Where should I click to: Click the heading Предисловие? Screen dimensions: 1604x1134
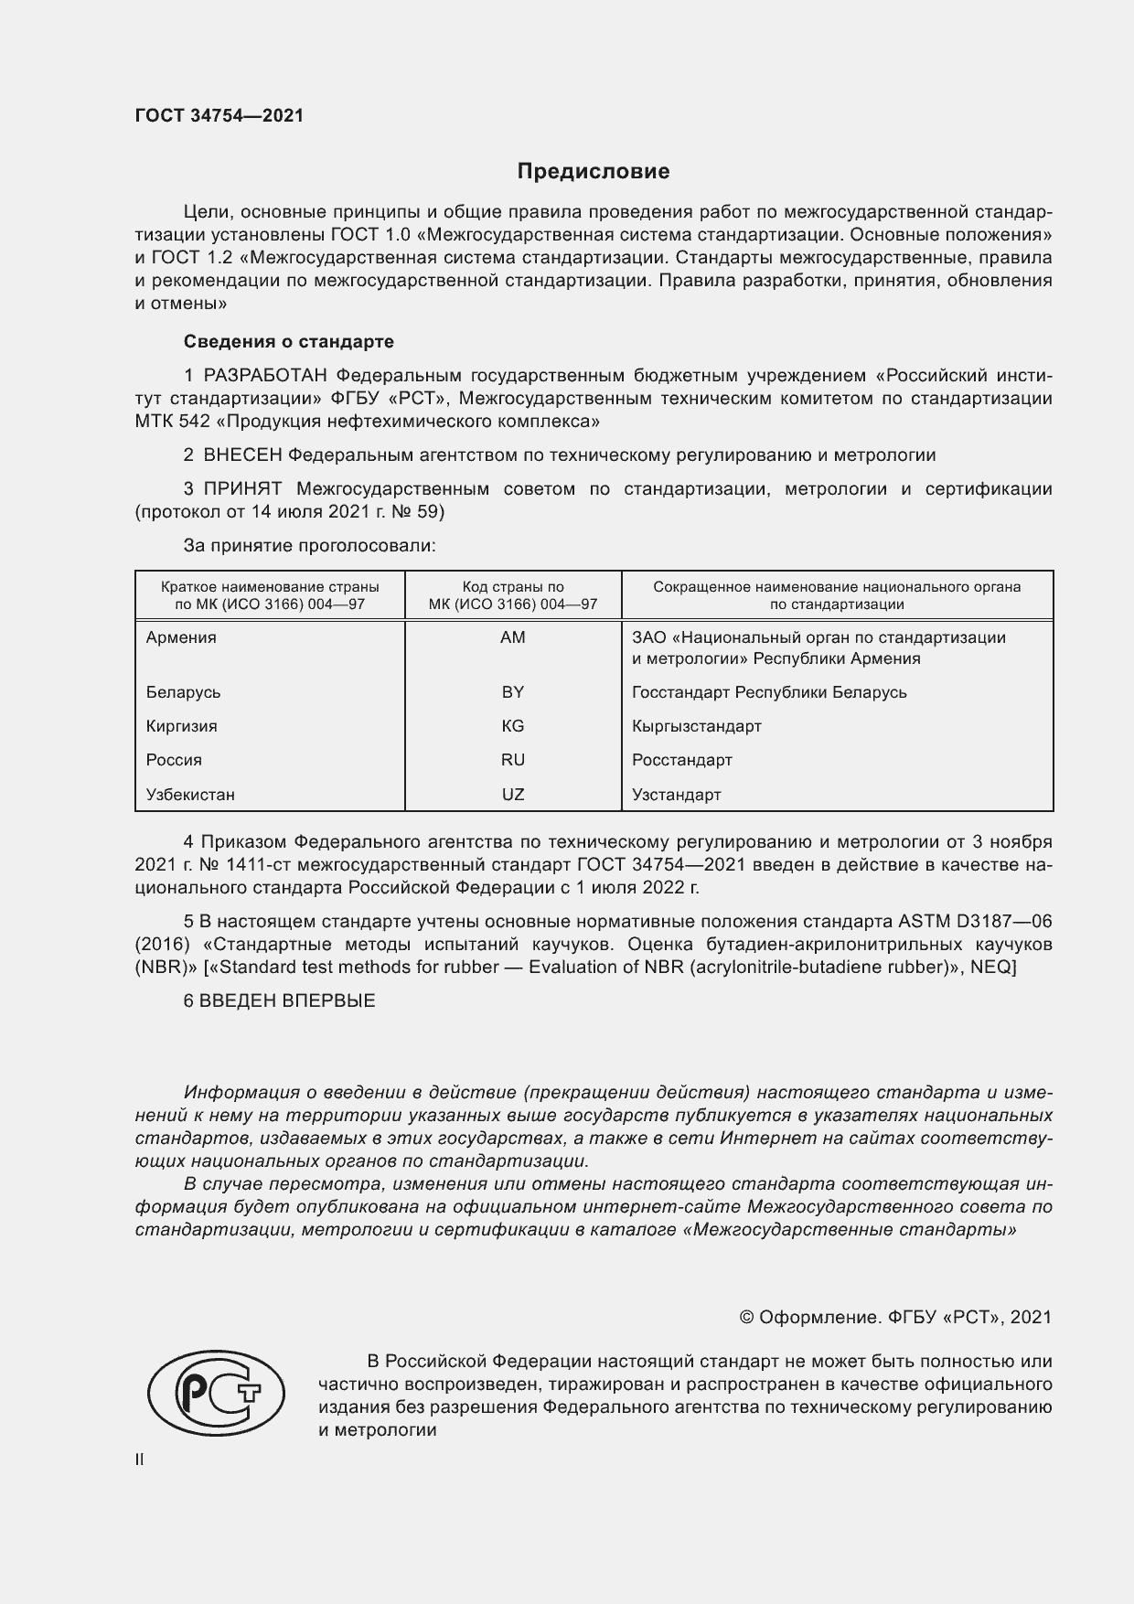(x=594, y=171)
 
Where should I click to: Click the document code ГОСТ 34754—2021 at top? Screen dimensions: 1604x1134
(x=219, y=116)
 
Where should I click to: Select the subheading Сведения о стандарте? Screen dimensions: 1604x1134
(x=289, y=341)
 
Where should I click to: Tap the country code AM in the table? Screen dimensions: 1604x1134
(x=513, y=637)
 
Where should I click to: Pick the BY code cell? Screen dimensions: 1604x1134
(x=513, y=692)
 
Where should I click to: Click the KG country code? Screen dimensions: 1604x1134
(x=513, y=726)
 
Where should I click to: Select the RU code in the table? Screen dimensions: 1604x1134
(x=513, y=760)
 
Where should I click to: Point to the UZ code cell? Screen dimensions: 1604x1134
(x=513, y=795)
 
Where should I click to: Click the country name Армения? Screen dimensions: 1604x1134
(x=181, y=637)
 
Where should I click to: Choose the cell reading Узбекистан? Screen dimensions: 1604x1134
(x=190, y=795)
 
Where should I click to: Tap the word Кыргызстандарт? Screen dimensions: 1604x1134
(x=696, y=726)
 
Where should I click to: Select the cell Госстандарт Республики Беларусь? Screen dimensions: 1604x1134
(x=769, y=692)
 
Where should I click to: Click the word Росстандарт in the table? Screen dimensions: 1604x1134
(x=681, y=760)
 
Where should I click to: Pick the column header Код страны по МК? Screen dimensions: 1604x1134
(x=513, y=595)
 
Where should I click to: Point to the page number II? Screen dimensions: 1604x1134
(x=139, y=1460)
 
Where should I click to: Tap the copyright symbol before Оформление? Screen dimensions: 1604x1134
(x=746, y=1318)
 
